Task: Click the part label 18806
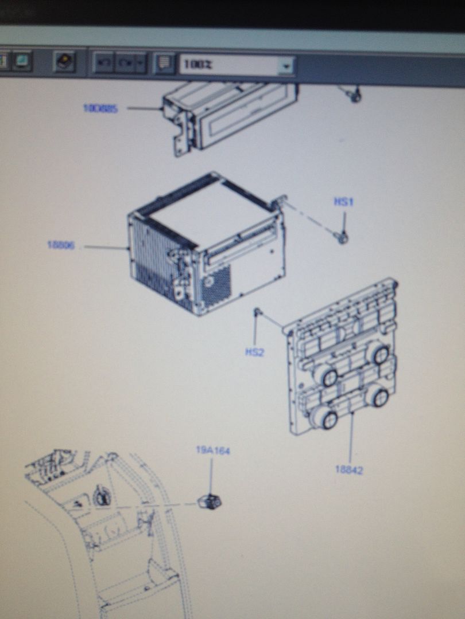pyautogui.click(x=61, y=245)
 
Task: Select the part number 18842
pyautogui.click(x=349, y=470)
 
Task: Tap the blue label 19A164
pyautogui.click(x=212, y=451)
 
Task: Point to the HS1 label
pyautogui.click(x=344, y=202)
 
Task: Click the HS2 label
pyautogui.click(x=254, y=352)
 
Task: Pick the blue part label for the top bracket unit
pyautogui.click(x=101, y=108)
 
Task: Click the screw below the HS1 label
pyautogui.click(x=343, y=237)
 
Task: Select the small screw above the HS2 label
pyautogui.click(x=258, y=312)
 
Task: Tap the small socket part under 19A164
pyautogui.click(x=210, y=502)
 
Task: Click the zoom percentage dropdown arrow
pyautogui.click(x=285, y=66)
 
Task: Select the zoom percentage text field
pyautogui.click(x=230, y=65)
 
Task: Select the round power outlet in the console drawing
pyautogui.click(x=102, y=496)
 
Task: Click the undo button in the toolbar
pyautogui.click(x=104, y=62)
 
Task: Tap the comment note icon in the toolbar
pyautogui.click(x=164, y=63)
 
